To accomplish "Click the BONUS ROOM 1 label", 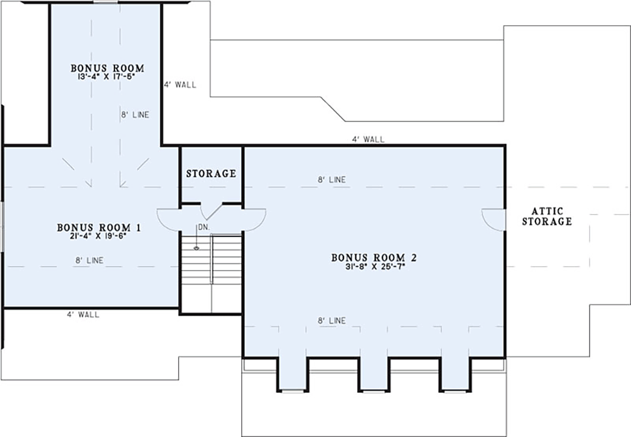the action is [x=99, y=227].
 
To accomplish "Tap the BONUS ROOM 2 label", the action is [x=374, y=257].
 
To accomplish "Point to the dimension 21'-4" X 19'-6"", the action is [x=98, y=236].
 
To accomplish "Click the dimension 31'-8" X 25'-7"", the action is [x=375, y=266].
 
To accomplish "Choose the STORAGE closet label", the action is [x=211, y=174].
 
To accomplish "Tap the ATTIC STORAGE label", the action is [x=547, y=216].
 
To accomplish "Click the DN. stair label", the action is [x=204, y=227].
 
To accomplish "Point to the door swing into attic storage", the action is [x=494, y=219].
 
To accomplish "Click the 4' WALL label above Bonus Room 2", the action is [x=368, y=139].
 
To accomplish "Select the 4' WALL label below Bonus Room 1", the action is [x=83, y=315].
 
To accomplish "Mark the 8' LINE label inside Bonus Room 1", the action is [x=89, y=261].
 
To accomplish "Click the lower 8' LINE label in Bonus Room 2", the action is [x=332, y=320].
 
